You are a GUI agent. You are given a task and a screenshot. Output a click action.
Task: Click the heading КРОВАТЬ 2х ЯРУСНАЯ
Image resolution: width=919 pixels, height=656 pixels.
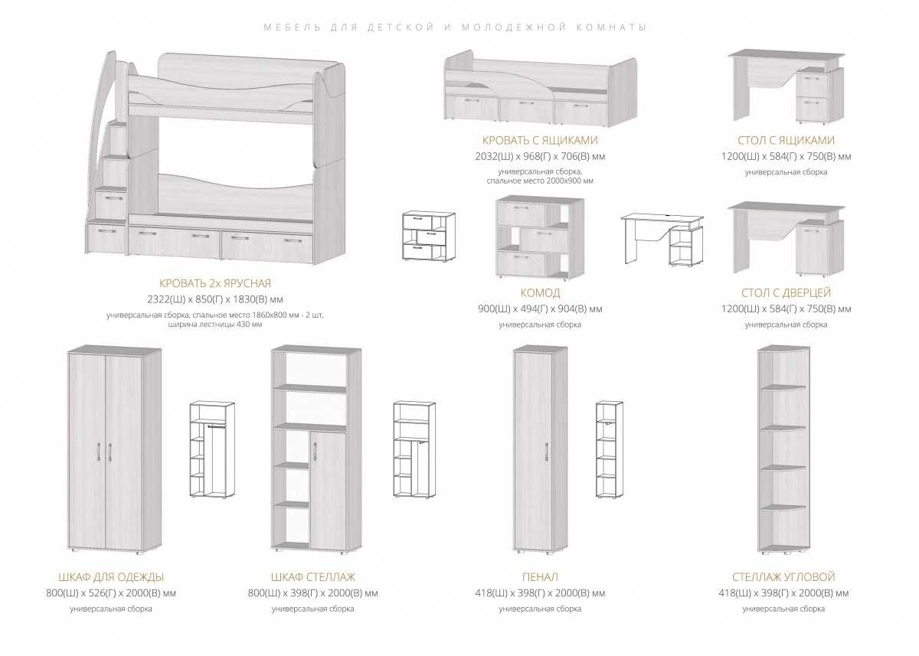coord(215,283)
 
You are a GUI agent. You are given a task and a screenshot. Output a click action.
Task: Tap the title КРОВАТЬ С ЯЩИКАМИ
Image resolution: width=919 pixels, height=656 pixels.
coord(540,141)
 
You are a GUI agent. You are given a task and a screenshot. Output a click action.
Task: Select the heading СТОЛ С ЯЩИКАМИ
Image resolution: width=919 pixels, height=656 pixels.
coord(786,141)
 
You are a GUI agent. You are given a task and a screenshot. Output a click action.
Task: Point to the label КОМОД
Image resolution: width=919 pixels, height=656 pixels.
coord(540,292)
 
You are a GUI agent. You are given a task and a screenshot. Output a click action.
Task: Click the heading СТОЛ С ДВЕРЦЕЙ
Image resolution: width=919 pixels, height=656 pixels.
coord(786,292)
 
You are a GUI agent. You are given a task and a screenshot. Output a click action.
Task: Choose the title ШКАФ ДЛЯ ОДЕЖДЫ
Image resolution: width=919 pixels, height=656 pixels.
coord(111,577)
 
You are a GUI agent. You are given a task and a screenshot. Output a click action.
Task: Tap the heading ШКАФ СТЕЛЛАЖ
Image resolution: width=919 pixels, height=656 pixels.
coord(313,577)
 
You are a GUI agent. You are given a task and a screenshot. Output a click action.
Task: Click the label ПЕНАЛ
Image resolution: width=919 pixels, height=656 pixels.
coord(540,577)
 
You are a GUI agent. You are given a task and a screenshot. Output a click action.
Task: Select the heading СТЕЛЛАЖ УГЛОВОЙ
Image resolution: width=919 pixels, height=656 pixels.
coord(783,577)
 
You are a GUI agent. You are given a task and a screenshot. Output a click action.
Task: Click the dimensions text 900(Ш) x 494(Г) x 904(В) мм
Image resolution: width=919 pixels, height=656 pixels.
coord(540,309)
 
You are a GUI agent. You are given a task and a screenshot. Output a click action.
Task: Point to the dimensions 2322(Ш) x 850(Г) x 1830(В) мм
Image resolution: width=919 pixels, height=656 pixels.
coord(215,300)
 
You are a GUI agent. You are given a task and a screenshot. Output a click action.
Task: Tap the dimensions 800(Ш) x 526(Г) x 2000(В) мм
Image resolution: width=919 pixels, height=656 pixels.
coord(111,593)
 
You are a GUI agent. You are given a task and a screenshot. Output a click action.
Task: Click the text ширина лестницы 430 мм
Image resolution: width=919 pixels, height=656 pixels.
coord(215,325)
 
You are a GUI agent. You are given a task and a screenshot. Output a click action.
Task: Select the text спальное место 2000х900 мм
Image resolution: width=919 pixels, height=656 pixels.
coord(540,181)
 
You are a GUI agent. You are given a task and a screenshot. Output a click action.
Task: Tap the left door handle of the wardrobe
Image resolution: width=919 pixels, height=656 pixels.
coord(99,452)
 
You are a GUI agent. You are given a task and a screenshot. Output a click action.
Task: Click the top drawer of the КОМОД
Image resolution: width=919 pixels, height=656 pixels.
coord(522,215)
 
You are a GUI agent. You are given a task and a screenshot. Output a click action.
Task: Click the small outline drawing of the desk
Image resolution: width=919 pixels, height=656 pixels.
coord(662,240)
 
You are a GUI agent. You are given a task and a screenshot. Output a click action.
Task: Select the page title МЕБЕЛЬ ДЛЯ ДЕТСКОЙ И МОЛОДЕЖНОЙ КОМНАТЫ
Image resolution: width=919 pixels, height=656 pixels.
coord(455,28)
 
